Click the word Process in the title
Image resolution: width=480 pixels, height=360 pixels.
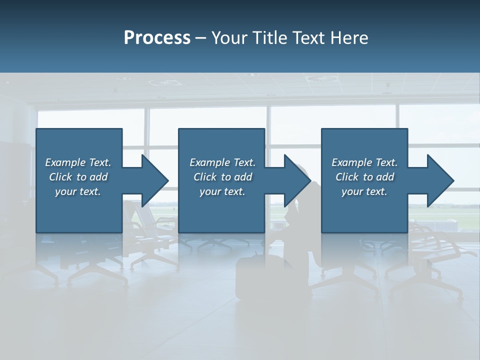click(157, 38)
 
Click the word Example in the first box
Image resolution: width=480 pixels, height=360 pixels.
click(65, 162)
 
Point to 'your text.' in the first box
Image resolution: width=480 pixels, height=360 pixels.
click(78, 191)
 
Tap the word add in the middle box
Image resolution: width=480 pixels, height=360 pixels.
click(243, 177)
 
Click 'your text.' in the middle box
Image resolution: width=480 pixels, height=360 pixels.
click(222, 191)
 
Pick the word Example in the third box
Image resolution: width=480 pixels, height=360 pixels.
click(352, 162)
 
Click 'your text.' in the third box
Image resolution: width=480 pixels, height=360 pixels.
click(364, 191)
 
